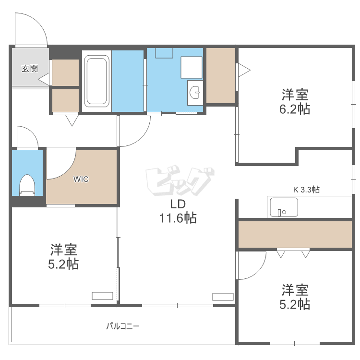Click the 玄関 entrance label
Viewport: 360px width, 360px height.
(x=29, y=68)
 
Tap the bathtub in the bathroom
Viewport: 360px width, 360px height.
(x=97, y=81)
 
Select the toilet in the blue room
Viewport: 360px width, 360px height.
(x=27, y=185)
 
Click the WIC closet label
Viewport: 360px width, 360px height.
(x=81, y=179)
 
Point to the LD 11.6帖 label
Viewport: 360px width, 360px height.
(x=178, y=212)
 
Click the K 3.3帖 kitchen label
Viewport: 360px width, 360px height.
(x=306, y=190)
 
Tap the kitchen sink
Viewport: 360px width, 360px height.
(x=283, y=207)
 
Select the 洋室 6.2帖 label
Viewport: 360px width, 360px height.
(x=295, y=101)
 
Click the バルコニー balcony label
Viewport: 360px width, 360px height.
(x=123, y=326)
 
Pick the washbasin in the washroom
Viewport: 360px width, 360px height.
(x=195, y=92)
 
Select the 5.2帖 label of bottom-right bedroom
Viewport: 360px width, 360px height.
(x=295, y=297)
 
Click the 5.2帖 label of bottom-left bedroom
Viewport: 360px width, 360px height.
(x=64, y=257)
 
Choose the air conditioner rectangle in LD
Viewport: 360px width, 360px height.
(x=222, y=296)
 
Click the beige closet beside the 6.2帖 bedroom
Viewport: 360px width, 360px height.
(x=220, y=75)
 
